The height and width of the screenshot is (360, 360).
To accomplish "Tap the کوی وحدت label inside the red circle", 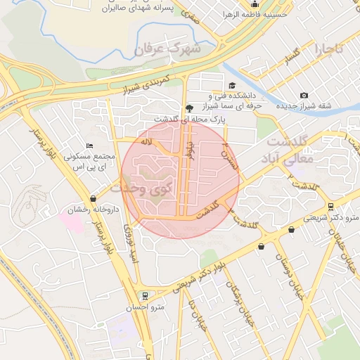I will point(147,188).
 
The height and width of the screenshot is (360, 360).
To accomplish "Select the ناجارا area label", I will point(328,49).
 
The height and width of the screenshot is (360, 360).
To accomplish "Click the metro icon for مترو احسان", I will point(145,295).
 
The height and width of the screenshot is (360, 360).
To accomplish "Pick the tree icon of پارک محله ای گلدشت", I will point(188,108).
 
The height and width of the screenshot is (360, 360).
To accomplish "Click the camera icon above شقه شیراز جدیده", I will point(304,95).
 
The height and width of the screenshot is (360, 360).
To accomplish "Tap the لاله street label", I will point(147,143).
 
